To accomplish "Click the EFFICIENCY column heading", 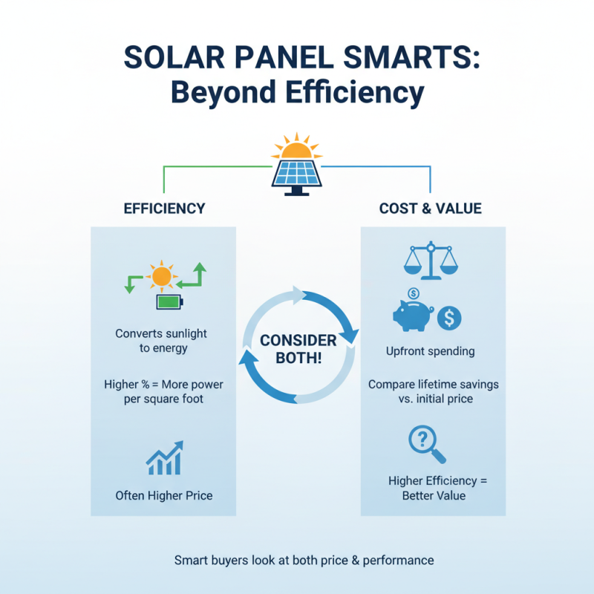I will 165,209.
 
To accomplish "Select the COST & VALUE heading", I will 431,209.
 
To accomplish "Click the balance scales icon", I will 430,258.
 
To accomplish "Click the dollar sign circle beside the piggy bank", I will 448,319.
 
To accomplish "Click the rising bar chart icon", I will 164,459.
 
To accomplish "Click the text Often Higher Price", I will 164,495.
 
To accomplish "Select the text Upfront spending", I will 431,350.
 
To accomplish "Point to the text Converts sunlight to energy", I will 162,341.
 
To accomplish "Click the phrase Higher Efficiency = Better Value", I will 438,488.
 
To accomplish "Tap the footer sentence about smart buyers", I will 304,560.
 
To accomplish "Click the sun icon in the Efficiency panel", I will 162,277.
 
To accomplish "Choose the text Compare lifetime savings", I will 434,385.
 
